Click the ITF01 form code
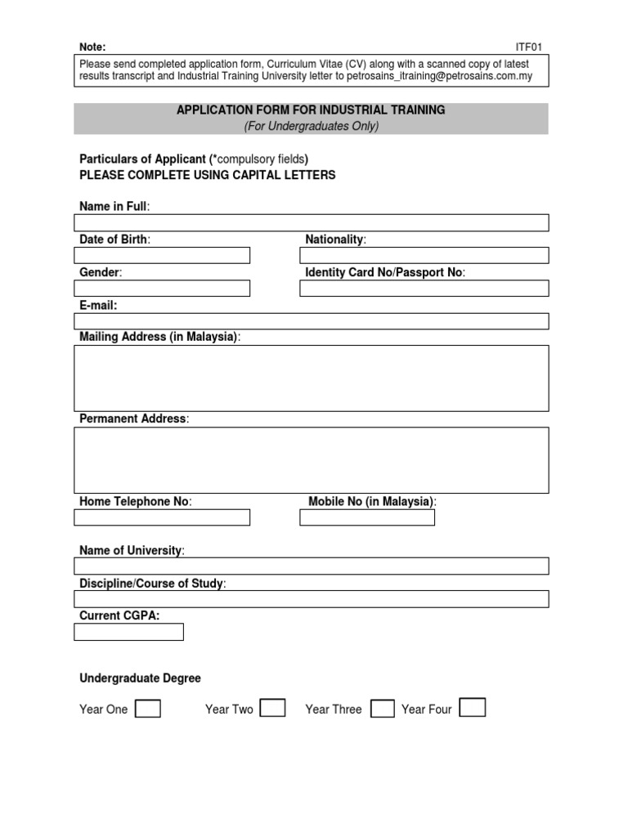point(528,47)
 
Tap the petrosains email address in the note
point(439,77)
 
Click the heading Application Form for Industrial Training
point(311,110)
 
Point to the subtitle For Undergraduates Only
point(311,126)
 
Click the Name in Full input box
point(311,223)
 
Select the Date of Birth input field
point(162,256)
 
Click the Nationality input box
point(424,256)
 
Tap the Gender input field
point(162,289)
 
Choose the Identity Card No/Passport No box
point(424,289)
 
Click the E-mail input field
point(311,321)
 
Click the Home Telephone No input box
point(162,517)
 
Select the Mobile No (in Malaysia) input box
point(367,517)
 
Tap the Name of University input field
point(311,566)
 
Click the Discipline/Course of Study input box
point(311,599)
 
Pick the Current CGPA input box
point(128,632)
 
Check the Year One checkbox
point(148,709)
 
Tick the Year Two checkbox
point(272,708)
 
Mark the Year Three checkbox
point(382,709)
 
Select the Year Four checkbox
point(473,708)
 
